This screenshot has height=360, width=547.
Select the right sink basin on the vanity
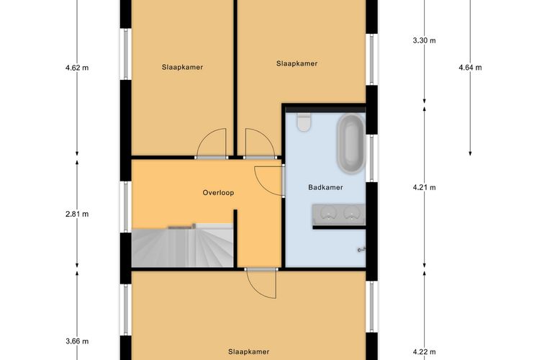pos(352,212)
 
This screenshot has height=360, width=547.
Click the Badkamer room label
pos(325,187)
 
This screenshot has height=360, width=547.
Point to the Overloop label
pos(218,193)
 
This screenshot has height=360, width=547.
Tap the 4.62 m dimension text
pos(76,68)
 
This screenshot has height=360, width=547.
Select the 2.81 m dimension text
pos(76,214)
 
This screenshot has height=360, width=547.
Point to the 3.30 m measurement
pos(424,40)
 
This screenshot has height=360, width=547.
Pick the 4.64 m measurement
pos(470,68)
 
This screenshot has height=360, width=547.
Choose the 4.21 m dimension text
pos(424,188)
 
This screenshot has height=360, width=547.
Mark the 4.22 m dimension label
pos(424,352)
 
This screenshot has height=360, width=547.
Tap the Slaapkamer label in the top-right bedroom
pos(297,63)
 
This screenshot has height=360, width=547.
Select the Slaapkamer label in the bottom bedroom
pos(248,352)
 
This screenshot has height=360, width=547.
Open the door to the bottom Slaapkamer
pos(261,282)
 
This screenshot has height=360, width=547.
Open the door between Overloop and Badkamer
pos(269,180)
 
